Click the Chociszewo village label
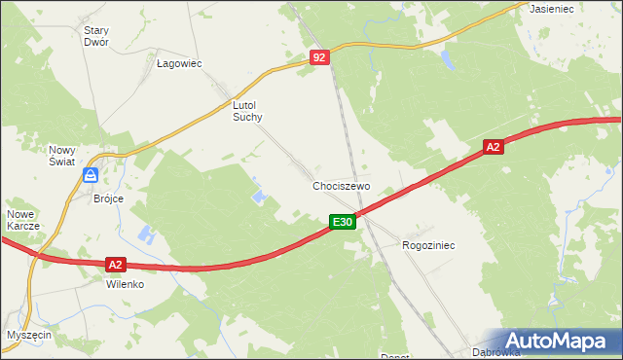click(342, 185)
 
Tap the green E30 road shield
click(341, 223)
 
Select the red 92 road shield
click(321, 58)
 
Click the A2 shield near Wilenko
click(115, 264)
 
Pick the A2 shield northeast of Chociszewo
click(494, 147)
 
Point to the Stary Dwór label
click(95, 36)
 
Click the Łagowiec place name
click(178, 63)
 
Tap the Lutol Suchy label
click(247, 110)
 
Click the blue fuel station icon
click(91, 175)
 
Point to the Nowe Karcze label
click(22, 219)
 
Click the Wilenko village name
click(126, 285)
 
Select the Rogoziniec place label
click(428, 246)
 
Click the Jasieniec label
click(550, 8)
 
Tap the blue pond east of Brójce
click(146, 234)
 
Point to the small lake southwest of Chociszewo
click(259, 197)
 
